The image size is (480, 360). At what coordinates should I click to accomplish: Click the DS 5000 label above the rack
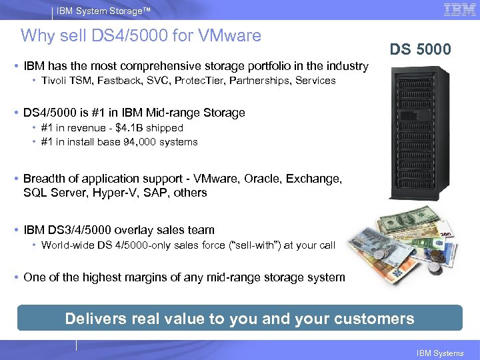click(x=421, y=49)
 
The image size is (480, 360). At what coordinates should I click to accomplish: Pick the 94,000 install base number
click(x=129, y=141)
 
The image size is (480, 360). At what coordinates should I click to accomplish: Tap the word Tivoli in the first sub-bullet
click(x=55, y=80)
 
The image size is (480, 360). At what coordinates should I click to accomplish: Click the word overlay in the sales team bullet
click(x=134, y=230)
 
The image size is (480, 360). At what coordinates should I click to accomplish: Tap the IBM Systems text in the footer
click(x=439, y=353)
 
